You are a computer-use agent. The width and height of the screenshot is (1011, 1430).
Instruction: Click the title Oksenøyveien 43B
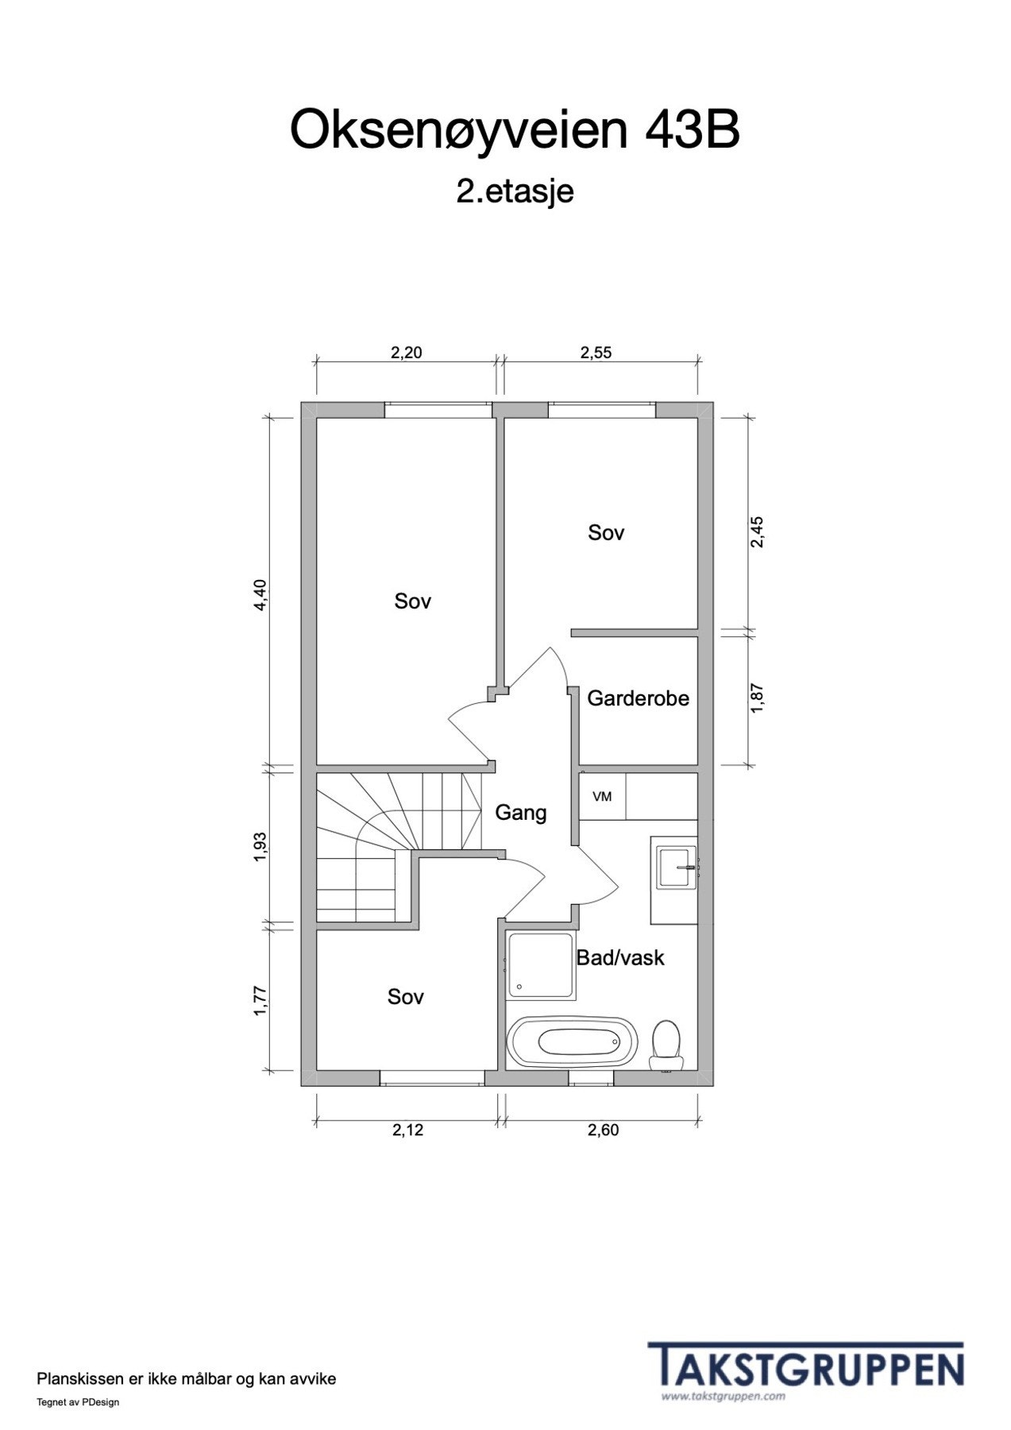515,131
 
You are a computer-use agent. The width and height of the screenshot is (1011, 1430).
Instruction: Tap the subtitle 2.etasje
515,191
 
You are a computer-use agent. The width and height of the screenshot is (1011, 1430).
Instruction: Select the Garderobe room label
638,698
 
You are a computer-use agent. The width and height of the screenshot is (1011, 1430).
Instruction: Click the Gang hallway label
521,813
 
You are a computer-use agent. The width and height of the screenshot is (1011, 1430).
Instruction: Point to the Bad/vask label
620,958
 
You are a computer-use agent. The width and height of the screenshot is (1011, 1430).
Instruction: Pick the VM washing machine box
602,797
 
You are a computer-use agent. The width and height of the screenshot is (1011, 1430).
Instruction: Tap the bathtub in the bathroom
572,1042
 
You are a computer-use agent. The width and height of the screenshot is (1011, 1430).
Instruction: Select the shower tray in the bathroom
541,964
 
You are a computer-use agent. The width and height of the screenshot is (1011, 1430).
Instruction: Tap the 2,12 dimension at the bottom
407,1130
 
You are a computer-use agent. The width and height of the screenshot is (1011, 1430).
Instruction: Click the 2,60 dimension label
603,1130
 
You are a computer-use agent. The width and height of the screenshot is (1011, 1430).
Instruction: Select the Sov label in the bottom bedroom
406,997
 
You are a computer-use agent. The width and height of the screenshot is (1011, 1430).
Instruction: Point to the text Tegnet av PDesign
78,1402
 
